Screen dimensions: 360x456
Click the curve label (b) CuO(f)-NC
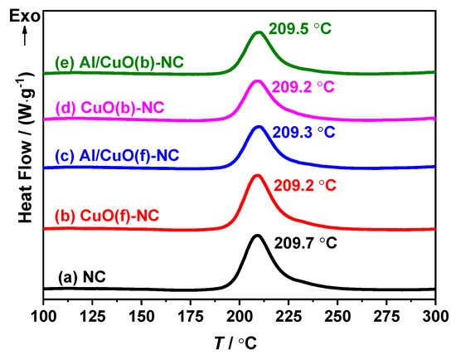pyautogui.click(x=106, y=216)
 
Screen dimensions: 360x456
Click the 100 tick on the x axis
pyautogui.click(x=43, y=315)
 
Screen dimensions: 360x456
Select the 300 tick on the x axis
pyautogui.click(x=434, y=315)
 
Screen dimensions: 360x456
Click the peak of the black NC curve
pyautogui.click(x=256, y=236)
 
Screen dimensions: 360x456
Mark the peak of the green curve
pyautogui.click(x=259, y=32)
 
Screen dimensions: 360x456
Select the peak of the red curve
pyautogui.click(x=256, y=175)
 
